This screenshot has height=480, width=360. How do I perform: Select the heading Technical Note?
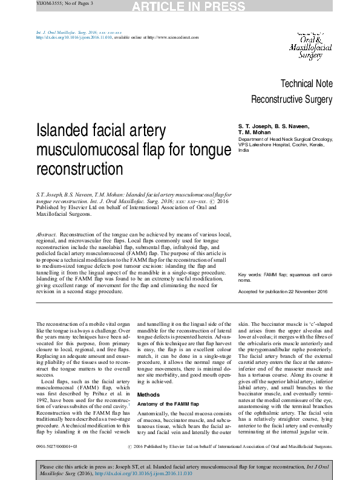[307, 83]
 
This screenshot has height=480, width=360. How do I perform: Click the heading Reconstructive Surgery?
[292, 99]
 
